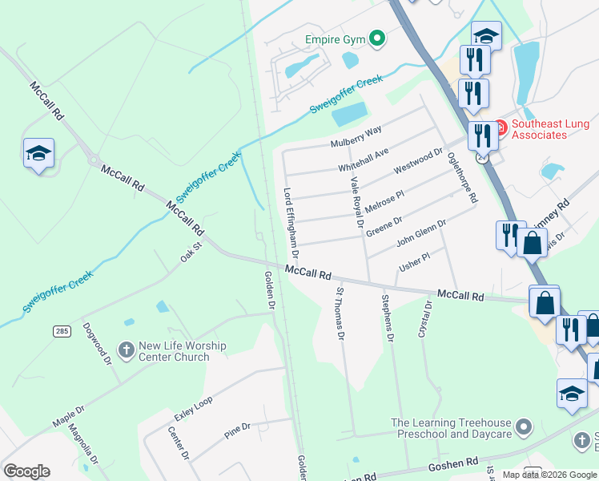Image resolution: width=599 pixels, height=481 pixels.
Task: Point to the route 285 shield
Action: (61, 330)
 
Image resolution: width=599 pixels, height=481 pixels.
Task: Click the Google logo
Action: (26, 471)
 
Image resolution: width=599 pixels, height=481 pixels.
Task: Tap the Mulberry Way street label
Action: (356, 136)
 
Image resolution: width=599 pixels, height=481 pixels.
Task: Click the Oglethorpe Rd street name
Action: (462, 176)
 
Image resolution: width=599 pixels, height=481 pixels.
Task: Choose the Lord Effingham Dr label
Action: (291, 223)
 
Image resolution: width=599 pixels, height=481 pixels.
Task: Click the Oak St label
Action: (188, 253)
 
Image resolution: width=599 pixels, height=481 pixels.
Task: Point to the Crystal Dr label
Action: (424, 319)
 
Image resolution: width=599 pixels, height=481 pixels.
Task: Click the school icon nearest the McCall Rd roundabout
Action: (38, 153)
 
